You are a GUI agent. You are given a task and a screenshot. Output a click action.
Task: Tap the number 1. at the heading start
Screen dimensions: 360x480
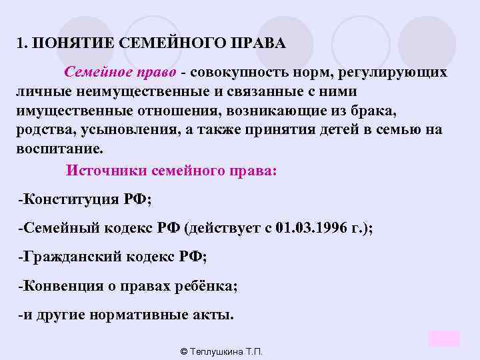click(x=23, y=44)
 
